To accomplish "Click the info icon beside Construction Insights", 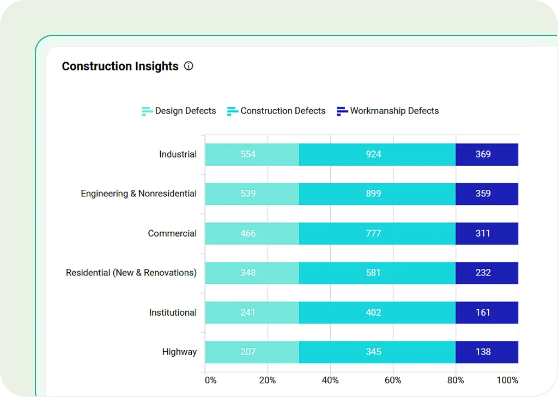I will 189,66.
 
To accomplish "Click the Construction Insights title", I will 120,66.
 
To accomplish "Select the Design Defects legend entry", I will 179,111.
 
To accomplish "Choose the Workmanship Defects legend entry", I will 387,111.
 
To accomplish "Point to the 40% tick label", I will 330,380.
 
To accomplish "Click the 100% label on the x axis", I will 507,380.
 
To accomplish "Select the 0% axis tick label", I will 210,380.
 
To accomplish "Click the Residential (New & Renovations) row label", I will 131,273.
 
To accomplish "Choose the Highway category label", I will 179,352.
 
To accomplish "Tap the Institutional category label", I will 173,312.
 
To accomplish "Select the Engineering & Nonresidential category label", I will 138,194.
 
